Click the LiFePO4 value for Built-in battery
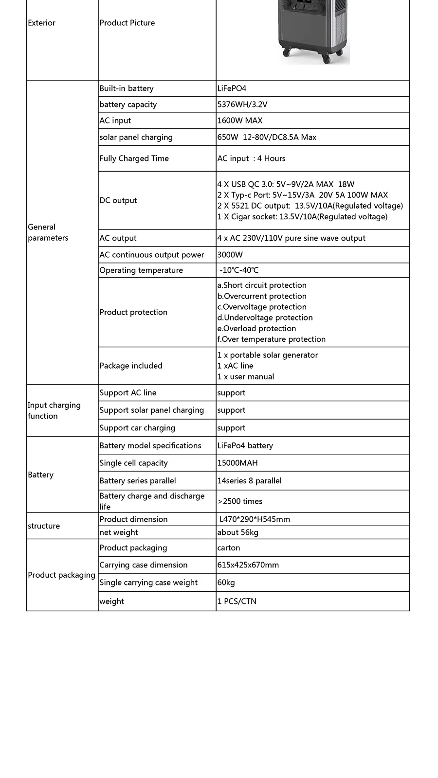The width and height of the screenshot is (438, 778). click(x=232, y=88)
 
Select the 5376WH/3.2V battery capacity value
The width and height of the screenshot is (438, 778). click(x=242, y=105)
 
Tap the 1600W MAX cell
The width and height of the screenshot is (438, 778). click(x=240, y=121)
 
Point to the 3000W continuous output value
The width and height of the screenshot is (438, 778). click(x=230, y=255)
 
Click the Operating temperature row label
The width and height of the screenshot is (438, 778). click(x=141, y=270)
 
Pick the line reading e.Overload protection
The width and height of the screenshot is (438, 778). click(x=256, y=329)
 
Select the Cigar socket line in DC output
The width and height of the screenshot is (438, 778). click(x=302, y=217)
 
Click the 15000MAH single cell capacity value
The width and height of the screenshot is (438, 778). click(x=237, y=463)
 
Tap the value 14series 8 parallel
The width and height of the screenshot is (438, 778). click(x=249, y=481)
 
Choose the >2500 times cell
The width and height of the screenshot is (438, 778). click(x=240, y=501)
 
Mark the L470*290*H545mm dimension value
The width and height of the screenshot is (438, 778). click(x=255, y=519)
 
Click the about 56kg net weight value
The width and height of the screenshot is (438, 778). click(x=238, y=532)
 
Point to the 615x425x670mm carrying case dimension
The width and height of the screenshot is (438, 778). click(x=248, y=565)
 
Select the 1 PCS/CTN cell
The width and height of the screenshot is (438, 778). click(x=237, y=601)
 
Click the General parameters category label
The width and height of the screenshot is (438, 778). click(x=48, y=232)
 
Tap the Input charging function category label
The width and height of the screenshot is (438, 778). click(x=54, y=410)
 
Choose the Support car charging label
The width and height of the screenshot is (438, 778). click(x=137, y=428)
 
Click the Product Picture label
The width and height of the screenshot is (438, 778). click(x=127, y=23)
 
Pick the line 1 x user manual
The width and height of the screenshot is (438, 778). click(x=246, y=377)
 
